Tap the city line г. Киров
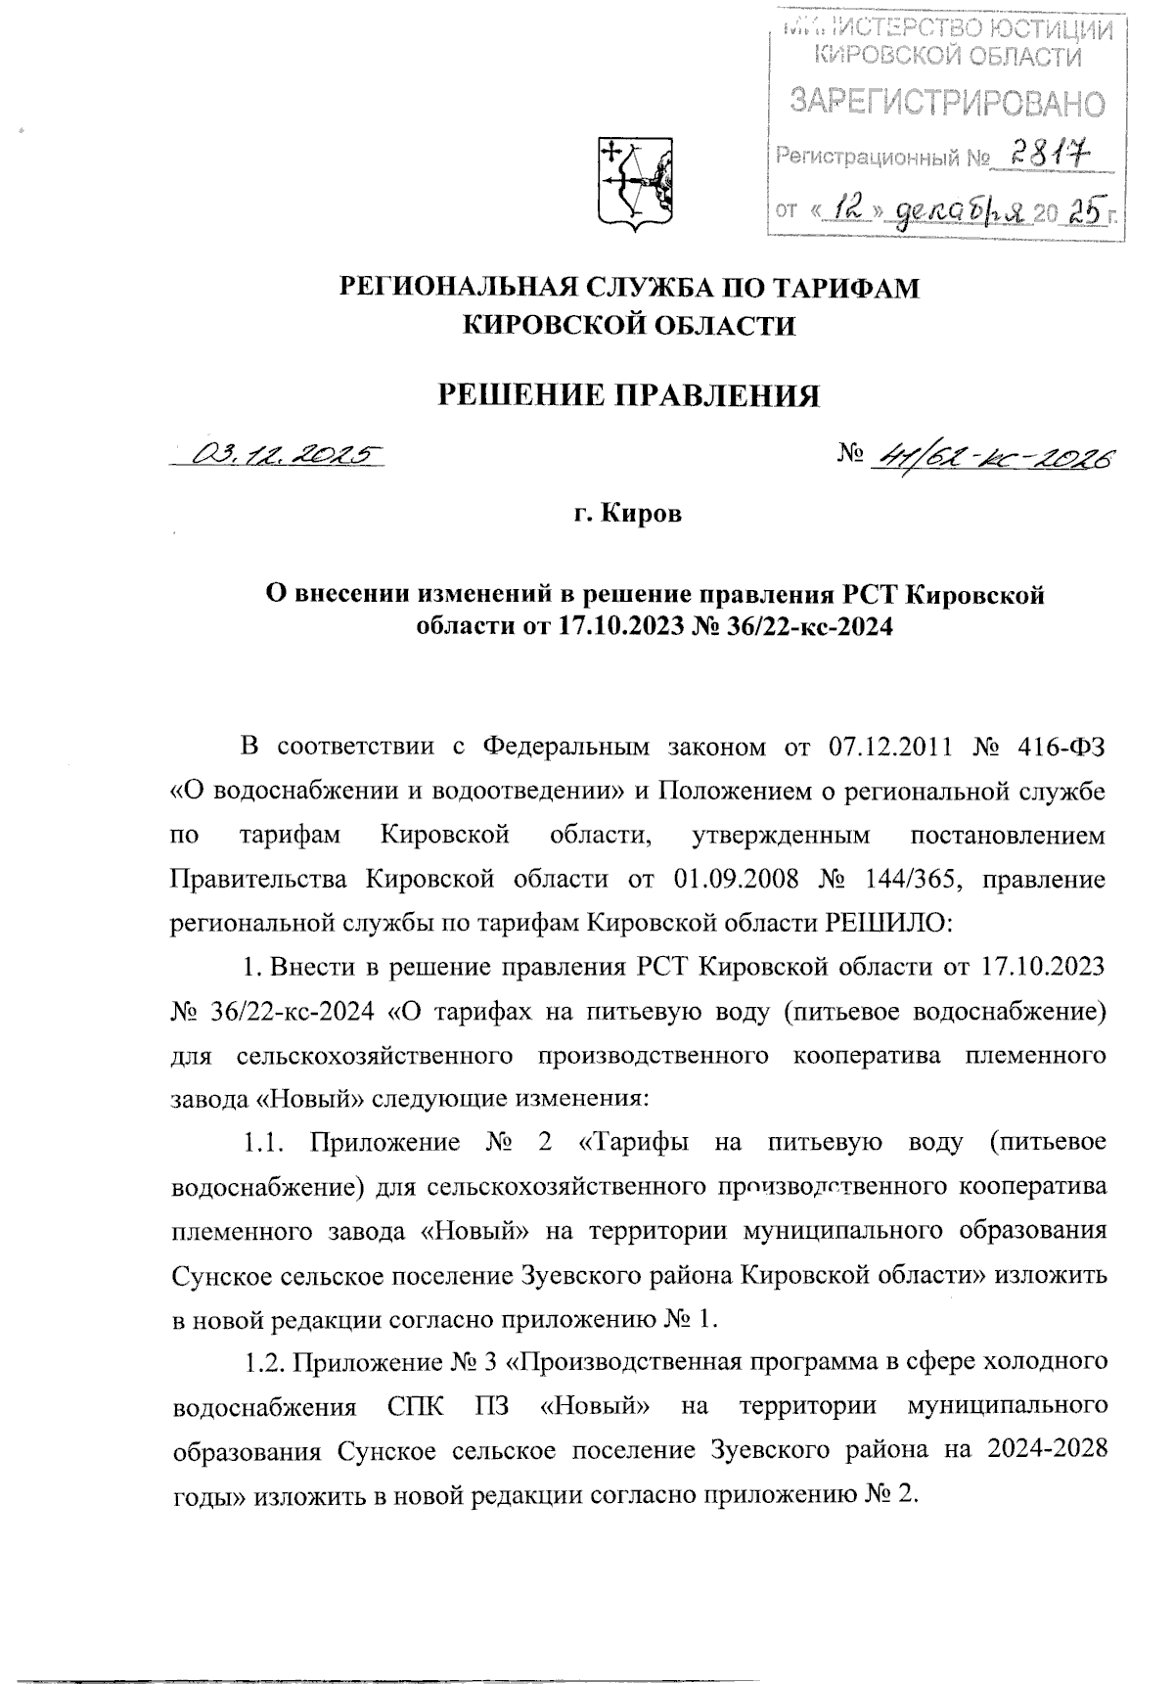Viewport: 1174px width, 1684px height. point(627,513)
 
